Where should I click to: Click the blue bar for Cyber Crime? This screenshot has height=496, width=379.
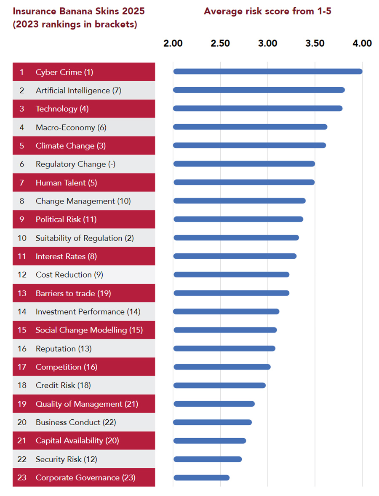(267, 71)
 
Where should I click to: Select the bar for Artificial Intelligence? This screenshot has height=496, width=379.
(259, 90)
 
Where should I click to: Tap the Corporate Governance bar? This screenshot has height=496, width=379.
(201, 477)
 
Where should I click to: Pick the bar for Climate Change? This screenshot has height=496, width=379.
(249, 145)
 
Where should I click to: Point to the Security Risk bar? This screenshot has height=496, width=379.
(207, 459)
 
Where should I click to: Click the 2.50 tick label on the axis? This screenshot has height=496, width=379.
(220, 43)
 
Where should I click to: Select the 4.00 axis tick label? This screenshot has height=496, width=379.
(362, 43)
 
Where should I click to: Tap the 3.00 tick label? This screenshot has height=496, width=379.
(267, 43)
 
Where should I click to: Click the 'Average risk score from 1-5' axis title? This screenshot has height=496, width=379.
(267, 11)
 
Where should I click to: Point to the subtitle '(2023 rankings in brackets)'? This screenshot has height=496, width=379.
(75, 24)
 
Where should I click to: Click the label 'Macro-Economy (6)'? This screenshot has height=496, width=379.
(71, 127)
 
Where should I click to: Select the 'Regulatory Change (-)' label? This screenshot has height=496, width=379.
(75, 164)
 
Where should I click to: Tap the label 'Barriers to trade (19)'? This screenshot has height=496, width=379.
(73, 293)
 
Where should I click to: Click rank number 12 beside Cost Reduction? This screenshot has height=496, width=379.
(22, 275)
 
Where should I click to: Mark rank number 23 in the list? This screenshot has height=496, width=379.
(22, 477)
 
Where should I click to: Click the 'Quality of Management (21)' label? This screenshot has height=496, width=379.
(87, 404)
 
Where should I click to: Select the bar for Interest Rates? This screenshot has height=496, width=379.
(235, 256)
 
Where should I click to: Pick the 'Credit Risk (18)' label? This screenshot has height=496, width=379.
(63, 385)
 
